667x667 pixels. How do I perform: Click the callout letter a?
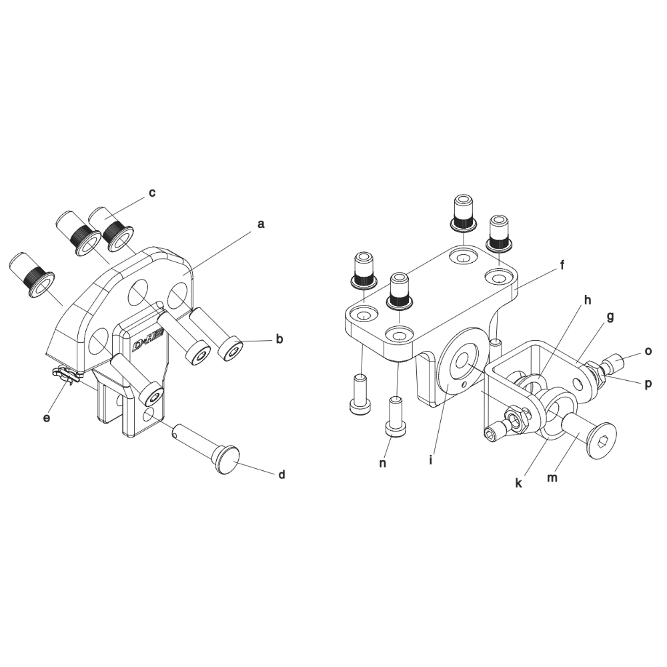pos(261,224)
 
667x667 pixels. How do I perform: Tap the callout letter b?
pos(279,340)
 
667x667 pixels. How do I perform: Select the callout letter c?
pos(152,193)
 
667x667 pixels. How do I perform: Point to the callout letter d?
pos(281,474)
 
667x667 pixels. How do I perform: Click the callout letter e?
pos(47,418)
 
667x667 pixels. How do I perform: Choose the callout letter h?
pos(588,300)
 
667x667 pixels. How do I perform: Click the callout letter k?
pos(518,483)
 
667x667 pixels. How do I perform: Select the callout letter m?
pos(552,478)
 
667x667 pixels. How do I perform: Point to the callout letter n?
pos(383,464)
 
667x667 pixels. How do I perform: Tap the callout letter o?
pos(648,352)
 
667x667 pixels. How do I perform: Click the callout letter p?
pos(648,384)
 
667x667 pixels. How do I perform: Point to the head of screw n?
pos(395,428)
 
